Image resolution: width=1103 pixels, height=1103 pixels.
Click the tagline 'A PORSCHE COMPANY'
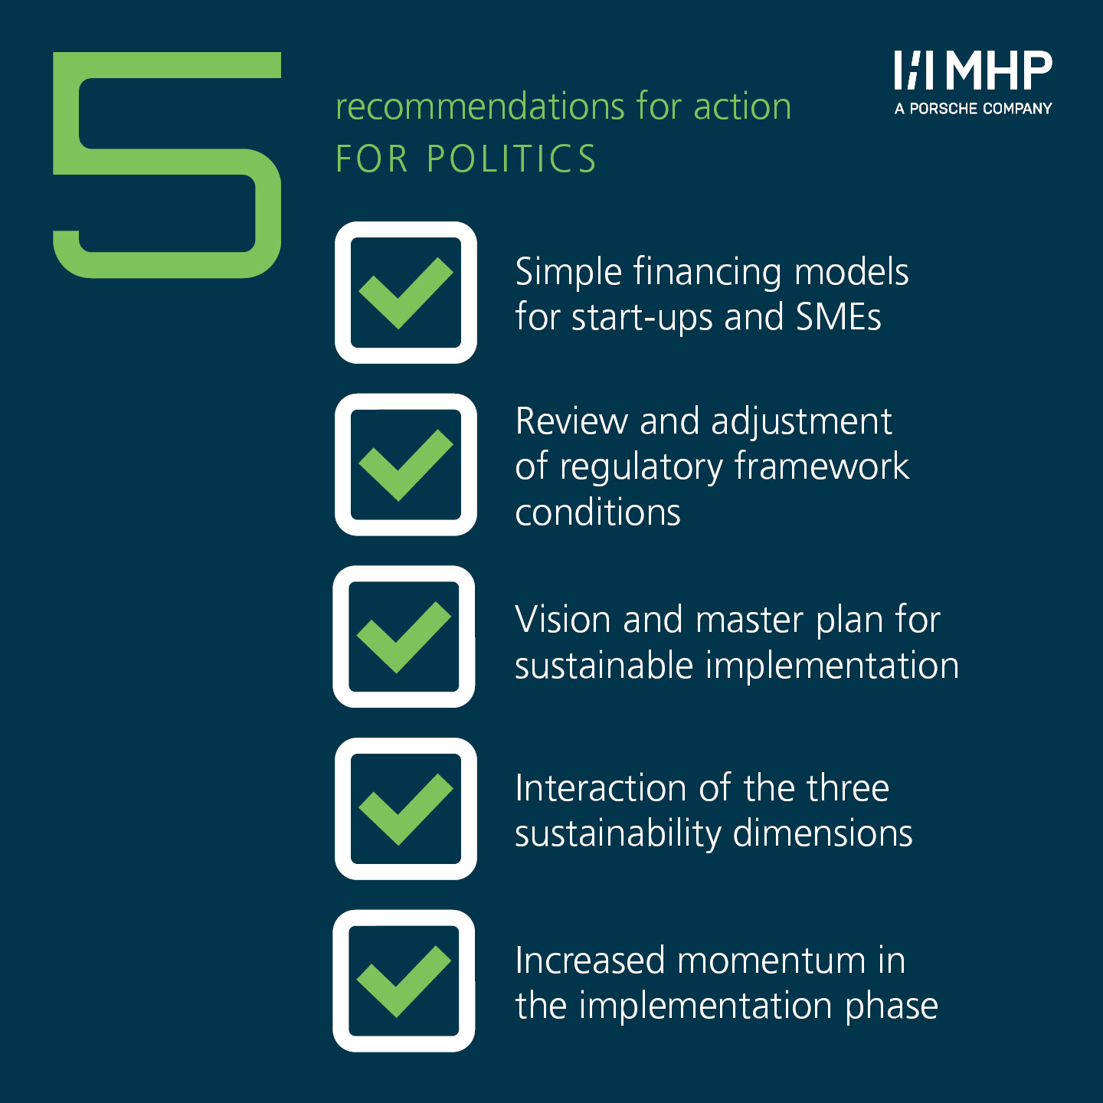click(x=973, y=108)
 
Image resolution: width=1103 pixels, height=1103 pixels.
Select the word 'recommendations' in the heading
click(x=479, y=106)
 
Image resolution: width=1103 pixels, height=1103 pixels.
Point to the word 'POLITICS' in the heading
click(x=512, y=159)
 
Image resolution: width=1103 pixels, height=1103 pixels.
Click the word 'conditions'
click(x=597, y=512)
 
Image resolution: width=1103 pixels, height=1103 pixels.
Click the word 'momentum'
click(x=771, y=961)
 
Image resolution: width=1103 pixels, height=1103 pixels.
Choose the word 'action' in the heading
click(x=742, y=106)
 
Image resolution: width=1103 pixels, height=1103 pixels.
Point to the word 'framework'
click(x=821, y=466)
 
